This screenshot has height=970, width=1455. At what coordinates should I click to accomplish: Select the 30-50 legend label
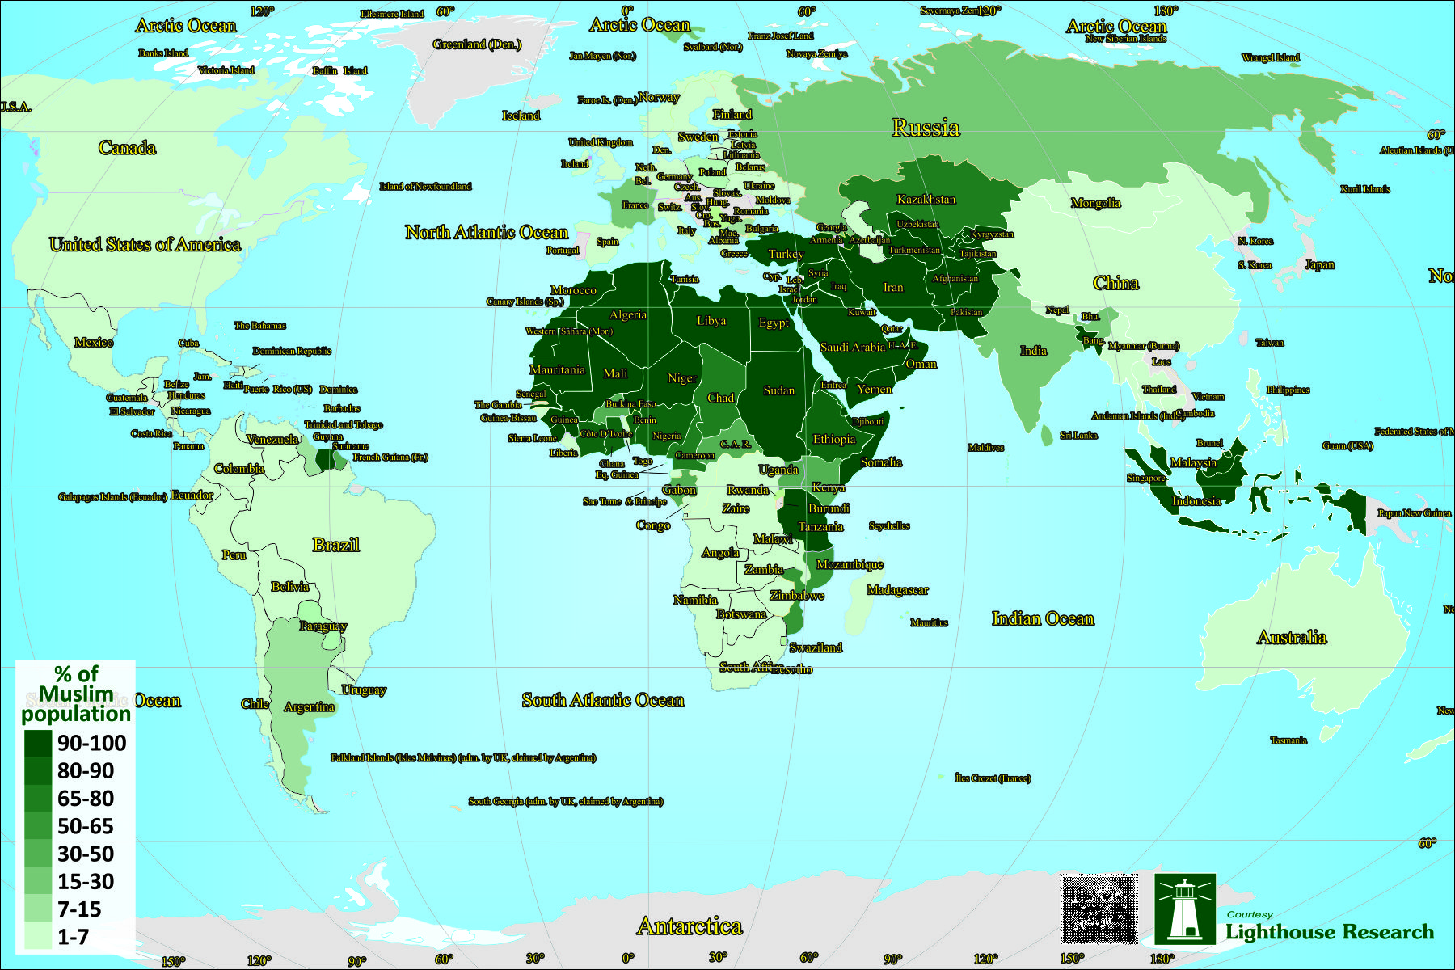pos(86,854)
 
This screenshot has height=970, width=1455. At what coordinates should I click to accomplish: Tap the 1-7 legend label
pos(73,938)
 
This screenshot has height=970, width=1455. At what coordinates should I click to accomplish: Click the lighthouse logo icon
pos(1184,909)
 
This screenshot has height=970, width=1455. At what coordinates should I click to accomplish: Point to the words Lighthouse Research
pos(1330,932)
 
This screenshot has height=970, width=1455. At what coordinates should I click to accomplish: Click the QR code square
pos(1099,909)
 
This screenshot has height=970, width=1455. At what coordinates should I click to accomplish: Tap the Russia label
pos(926,128)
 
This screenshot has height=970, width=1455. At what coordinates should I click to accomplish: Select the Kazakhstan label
pos(926,199)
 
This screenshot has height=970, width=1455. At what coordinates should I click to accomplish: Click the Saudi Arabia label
pos(852,348)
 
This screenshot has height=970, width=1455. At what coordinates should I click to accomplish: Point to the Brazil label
pos(335,545)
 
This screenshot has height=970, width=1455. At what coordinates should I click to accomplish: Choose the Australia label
pos(1292,638)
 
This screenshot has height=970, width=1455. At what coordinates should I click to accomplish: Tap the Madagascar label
pos(897,590)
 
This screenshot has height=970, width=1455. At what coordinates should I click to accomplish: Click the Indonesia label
pos(1196,501)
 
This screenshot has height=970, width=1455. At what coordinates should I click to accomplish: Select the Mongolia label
pos(1095,203)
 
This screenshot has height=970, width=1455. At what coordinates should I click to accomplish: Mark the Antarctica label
pos(690,926)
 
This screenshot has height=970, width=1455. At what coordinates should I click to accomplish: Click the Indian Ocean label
pos(1043,619)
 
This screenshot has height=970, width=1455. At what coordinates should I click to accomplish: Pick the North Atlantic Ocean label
pos(487,233)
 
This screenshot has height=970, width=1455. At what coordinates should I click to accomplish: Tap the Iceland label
pos(521,116)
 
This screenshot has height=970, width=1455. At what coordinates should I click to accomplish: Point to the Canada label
pos(127,148)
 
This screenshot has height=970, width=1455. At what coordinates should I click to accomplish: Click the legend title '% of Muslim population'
pos(76,694)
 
